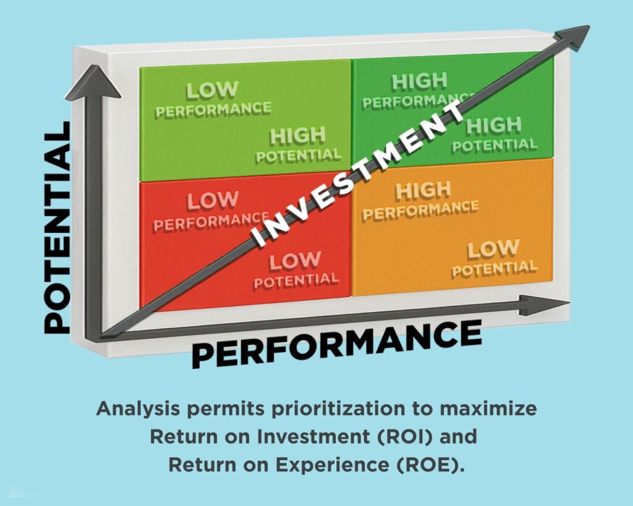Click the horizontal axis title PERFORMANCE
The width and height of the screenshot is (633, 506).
(x=337, y=343)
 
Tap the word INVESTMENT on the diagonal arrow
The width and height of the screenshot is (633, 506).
(x=357, y=174)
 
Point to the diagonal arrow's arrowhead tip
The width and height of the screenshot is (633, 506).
(x=590, y=27)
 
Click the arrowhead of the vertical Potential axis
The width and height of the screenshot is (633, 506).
(x=93, y=82)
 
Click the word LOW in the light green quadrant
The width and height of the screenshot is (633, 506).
(x=212, y=90)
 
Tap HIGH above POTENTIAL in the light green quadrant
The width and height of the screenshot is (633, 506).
(x=298, y=136)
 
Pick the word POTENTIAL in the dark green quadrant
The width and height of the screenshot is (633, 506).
(x=495, y=145)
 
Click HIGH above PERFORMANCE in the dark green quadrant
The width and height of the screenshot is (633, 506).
(x=420, y=82)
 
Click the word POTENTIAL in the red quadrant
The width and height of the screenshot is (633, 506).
(x=296, y=280)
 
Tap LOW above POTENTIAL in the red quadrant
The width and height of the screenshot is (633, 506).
(x=295, y=261)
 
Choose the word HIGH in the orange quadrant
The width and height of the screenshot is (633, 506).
(x=423, y=191)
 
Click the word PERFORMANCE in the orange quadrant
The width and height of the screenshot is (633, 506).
(x=420, y=210)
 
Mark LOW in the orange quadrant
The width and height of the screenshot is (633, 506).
(x=493, y=250)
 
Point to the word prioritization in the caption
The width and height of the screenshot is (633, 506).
(x=338, y=409)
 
